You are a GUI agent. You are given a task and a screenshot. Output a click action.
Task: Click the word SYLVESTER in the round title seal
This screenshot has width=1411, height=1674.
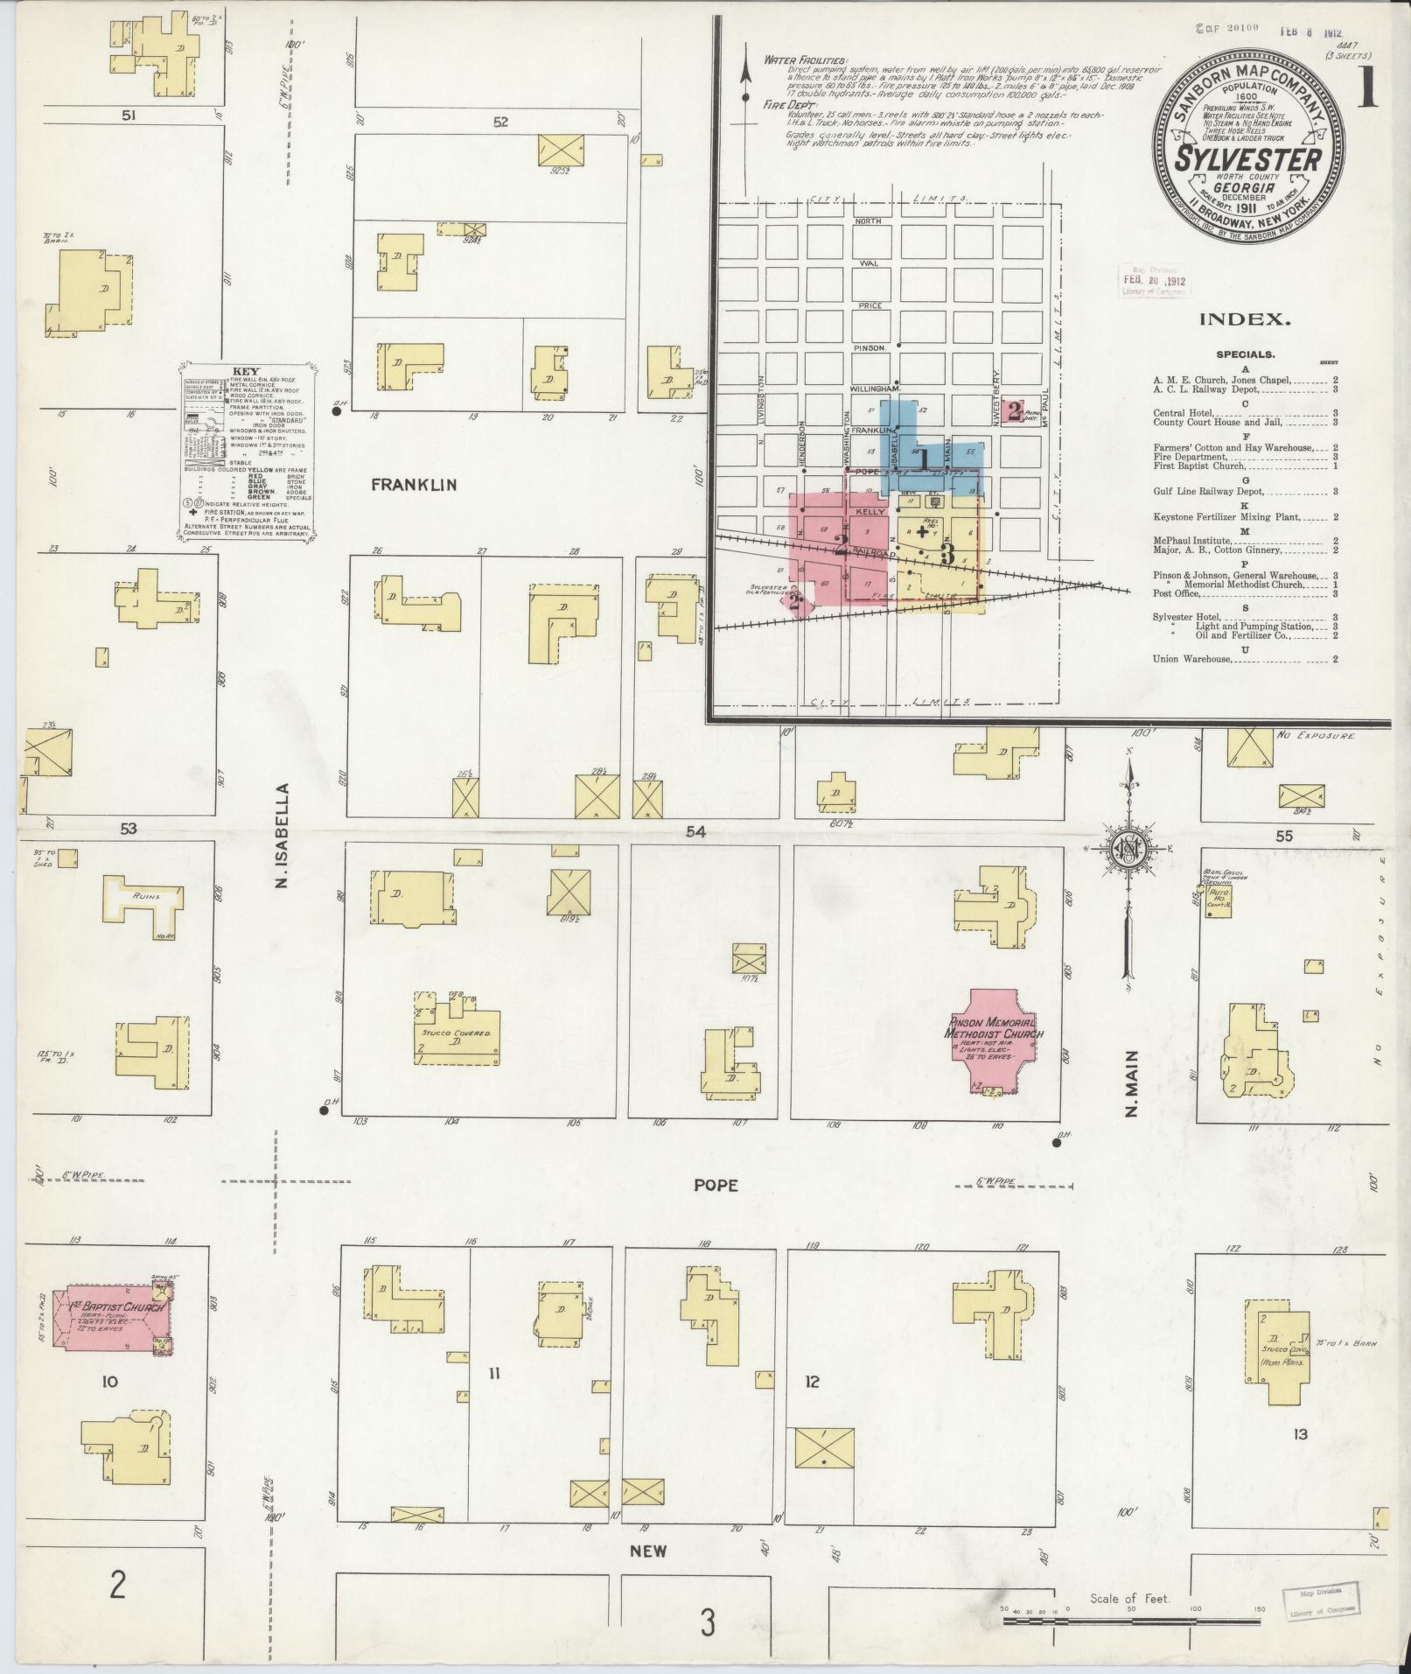tap(1247, 160)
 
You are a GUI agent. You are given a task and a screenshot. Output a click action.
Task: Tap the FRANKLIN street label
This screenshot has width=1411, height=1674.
tap(414, 486)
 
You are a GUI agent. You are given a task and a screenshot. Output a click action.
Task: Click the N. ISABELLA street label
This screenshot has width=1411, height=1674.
tap(282, 835)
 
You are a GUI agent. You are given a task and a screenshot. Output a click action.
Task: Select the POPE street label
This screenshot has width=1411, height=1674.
tap(716, 1185)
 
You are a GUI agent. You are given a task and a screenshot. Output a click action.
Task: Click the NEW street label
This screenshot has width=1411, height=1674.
tap(648, 1551)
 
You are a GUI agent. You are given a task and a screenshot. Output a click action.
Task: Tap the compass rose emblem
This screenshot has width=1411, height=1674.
tap(1128, 848)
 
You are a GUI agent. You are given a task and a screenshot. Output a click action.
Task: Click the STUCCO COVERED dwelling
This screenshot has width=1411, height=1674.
tap(457, 1033)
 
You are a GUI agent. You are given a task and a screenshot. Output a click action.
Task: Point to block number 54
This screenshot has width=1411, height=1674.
tap(695, 831)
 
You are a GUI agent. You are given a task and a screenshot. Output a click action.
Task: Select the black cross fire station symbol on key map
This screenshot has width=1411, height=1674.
tap(921, 531)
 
